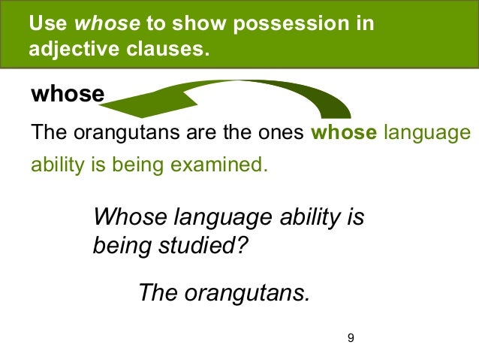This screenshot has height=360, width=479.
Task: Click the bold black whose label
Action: tap(67, 95)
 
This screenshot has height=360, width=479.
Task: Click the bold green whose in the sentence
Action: tap(342, 134)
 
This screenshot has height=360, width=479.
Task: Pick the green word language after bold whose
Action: tap(426, 134)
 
